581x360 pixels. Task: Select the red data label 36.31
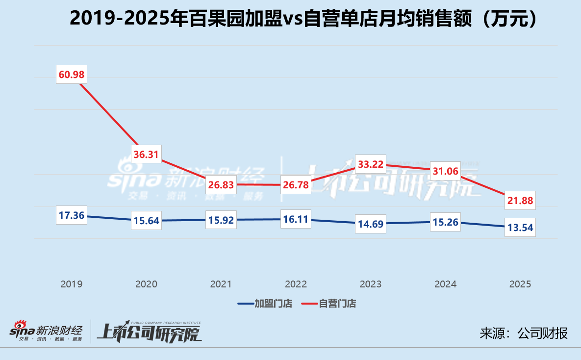point(147,154)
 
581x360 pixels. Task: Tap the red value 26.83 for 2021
point(221,185)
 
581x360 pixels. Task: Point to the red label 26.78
point(296,185)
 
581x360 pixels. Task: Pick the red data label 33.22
point(371,164)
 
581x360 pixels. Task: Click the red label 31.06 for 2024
point(445,171)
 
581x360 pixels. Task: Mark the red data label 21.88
point(520,200)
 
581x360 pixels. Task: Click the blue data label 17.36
point(72,215)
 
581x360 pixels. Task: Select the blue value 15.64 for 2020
point(147,221)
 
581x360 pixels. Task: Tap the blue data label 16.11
point(296,219)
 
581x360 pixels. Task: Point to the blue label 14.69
point(371,224)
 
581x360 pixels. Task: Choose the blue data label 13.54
point(520,228)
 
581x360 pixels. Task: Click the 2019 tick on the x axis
point(72,284)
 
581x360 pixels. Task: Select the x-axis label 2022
point(296,284)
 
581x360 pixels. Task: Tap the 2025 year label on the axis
point(520,284)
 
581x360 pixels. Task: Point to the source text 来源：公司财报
point(524,333)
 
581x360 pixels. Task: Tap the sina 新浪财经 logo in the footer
point(47,332)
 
